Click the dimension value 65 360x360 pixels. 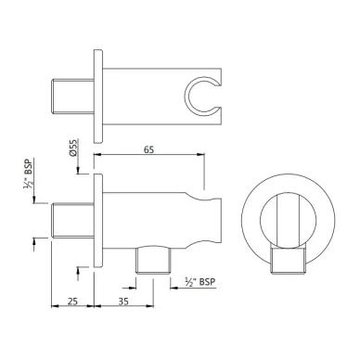pos(148,149)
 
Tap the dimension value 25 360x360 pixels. pos(72,301)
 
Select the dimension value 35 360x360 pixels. pos(123,301)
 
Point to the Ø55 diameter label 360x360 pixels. pos(73,148)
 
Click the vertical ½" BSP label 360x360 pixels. pos(28,174)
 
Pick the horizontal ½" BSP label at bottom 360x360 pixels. pos(200,282)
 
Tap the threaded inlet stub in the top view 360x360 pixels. pos(72,96)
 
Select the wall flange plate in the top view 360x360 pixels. pos(98,96)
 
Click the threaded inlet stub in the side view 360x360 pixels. pos(72,221)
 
